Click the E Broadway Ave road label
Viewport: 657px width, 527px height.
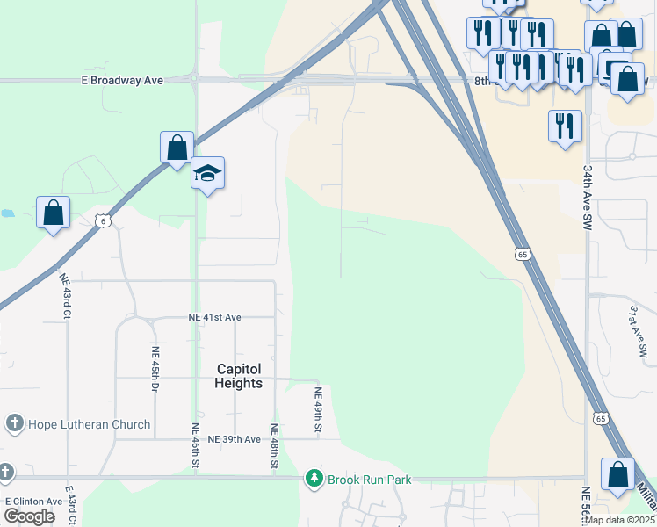(124, 80)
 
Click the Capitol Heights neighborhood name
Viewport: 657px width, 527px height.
(239, 377)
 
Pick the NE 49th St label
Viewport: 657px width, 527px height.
(320, 410)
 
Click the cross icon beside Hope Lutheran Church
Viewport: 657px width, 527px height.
(13, 424)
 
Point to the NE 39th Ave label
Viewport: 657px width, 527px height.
(234, 439)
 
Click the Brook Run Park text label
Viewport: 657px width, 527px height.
(369, 480)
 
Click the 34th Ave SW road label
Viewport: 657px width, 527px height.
(587, 197)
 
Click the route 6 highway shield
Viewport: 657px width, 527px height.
(103, 221)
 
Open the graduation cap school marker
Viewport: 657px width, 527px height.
(207, 174)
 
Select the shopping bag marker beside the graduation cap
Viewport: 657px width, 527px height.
(177, 148)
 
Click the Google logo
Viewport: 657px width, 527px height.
(29, 516)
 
